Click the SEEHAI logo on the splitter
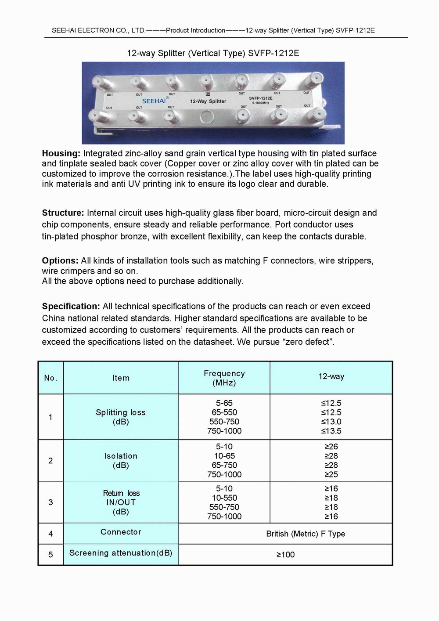coord(154,101)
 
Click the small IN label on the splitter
coord(208,94)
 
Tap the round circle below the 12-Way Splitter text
coord(206,117)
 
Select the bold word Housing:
coord(61,153)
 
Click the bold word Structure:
coord(63,213)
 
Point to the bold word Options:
coord(60,260)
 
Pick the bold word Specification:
coord(71,306)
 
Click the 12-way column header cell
coord(331,376)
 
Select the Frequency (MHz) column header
coord(224,378)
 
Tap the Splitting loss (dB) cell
coord(121,417)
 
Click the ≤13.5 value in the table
coord(331,431)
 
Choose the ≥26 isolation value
coord(331,447)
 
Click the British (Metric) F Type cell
coord(306,534)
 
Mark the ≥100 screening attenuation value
coord(285,555)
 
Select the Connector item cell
coord(121,532)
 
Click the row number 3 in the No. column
coord(50,502)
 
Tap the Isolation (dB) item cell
coord(121,460)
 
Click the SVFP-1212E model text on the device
coord(261,98)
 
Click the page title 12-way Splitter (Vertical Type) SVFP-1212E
coord(213,53)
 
